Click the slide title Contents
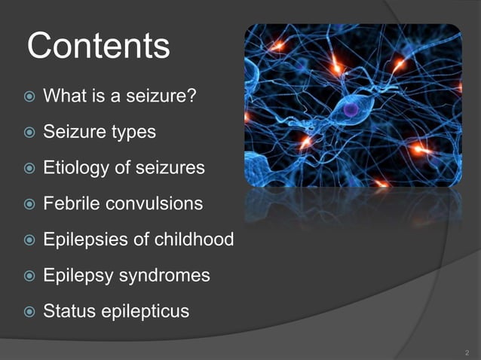pos(98,46)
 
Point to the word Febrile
pos(73,203)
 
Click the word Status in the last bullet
pos(68,311)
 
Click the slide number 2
pos(467,351)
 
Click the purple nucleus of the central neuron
pos(351,110)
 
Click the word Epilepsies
pos(82,239)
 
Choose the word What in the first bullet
pos(64,96)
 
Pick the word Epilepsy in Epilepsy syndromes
pos(78,276)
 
